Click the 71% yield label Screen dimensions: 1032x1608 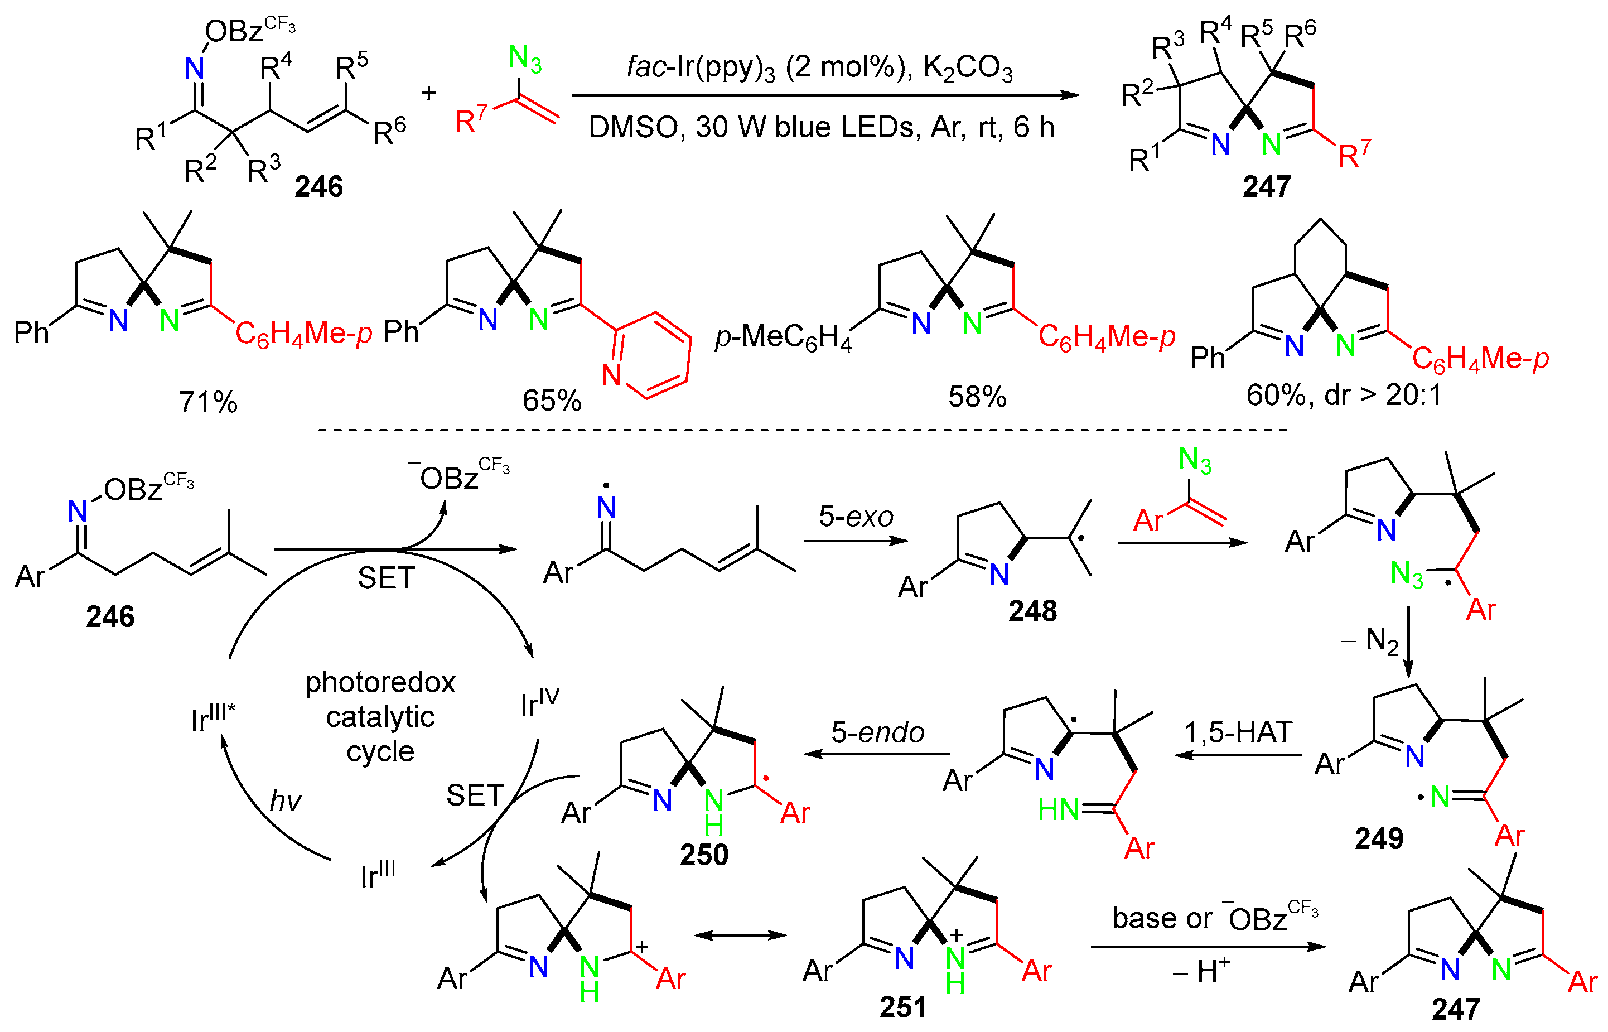pos(207,402)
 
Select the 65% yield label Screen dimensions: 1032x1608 pos(552,401)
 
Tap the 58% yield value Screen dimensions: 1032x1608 pos(976,397)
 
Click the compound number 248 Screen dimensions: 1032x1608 pos(1032,611)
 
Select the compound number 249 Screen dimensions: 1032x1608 pos(1378,838)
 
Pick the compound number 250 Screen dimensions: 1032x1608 pos(703,855)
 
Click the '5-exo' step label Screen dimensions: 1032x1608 pos(856,517)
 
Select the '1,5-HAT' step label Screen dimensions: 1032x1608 pos(1238,732)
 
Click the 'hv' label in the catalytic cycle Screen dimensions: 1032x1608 pos(286,801)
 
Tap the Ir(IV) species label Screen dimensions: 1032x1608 pos(539,702)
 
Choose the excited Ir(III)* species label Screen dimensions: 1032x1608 pos(213,718)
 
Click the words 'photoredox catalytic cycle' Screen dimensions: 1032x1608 pos(380,716)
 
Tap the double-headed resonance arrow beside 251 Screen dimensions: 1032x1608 pos(740,935)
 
